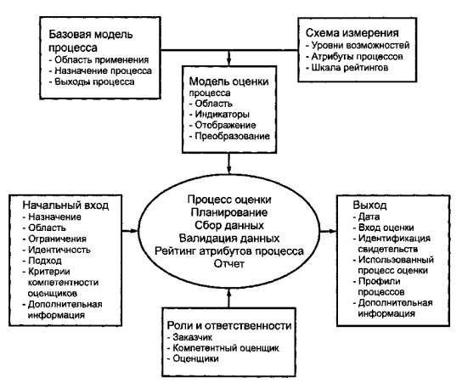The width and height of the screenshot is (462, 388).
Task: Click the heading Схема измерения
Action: click(352, 33)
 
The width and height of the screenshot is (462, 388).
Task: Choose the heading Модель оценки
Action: click(229, 82)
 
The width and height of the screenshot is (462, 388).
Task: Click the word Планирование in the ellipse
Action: click(229, 212)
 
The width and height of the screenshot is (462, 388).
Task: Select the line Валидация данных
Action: click(229, 238)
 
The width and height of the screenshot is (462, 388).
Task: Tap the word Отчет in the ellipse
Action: click(229, 263)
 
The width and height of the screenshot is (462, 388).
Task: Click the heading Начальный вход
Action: click(65, 205)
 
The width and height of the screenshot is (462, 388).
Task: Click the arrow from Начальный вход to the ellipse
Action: click(130, 231)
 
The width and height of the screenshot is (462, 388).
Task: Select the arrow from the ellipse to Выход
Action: click(328, 231)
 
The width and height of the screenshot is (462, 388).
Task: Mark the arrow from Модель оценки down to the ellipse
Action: click(229, 163)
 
